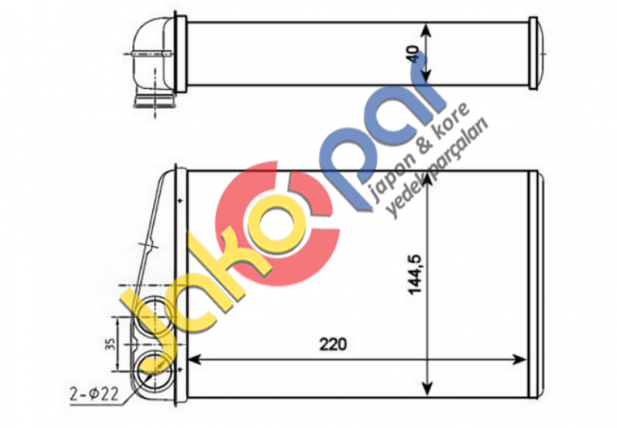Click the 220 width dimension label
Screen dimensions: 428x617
[333, 346]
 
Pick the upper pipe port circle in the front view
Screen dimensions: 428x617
[150, 311]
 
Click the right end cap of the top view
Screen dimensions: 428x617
[537, 53]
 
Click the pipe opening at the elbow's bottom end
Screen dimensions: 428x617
[152, 101]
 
